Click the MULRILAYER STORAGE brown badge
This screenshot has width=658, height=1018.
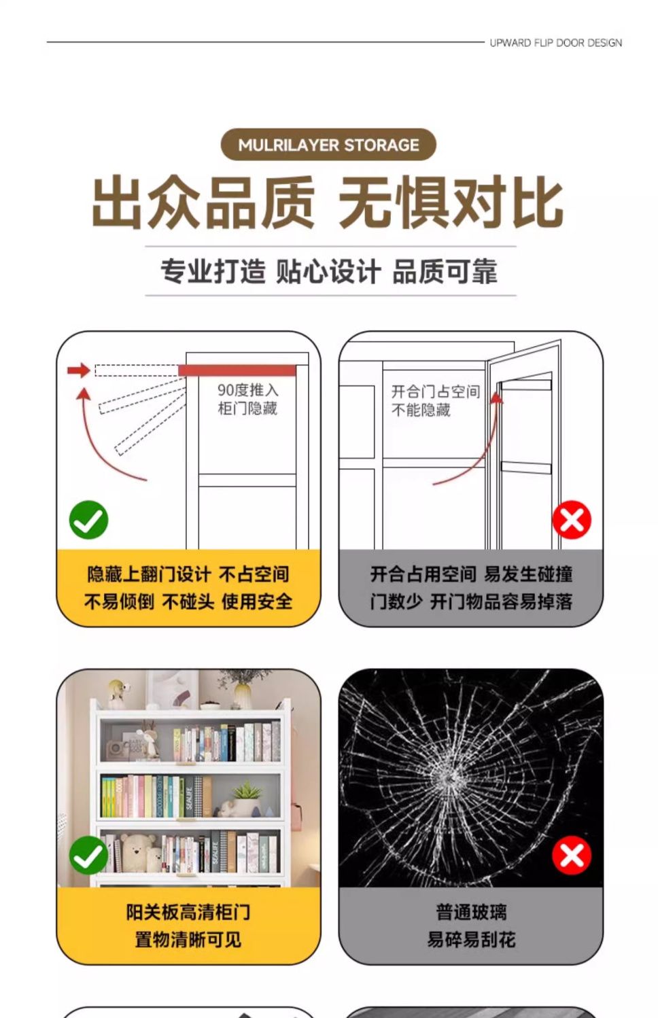click(328, 145)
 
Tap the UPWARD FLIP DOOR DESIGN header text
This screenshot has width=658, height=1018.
click(555, 43)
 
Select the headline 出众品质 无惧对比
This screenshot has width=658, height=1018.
click(328, 203)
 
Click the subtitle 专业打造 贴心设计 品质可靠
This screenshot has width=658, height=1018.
click(329, 271)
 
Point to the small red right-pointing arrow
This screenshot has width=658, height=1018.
click(79, 370)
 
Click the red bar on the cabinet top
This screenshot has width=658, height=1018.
click(237, 370)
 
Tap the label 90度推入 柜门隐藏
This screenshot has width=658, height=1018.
click(248, 398)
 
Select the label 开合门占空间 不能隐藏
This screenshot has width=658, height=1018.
click(436, 400)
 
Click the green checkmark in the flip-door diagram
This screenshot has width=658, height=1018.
click(88, 520)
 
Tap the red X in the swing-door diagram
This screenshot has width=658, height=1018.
click(572, 520)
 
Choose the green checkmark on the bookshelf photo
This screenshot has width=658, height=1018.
click(88, 855)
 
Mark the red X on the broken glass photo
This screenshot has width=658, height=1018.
click(572, 855)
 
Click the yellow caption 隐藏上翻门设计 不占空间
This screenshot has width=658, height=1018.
click(188, 574)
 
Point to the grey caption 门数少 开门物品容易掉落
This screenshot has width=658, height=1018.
click(471, 601)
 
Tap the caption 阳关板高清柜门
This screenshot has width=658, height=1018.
click(188, 912)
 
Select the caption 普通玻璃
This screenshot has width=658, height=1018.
click(471, 912)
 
